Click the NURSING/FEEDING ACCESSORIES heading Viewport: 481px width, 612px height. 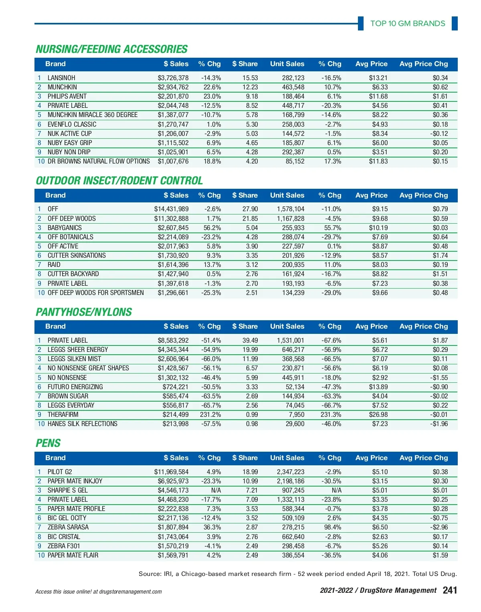click(111, 49)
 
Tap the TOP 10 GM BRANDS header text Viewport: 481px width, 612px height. click(407, 23)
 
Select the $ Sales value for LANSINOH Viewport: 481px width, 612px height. click(173, 78)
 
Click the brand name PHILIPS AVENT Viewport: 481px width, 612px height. click(67, 96)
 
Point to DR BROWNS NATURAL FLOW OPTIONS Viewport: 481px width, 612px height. click(99, 161)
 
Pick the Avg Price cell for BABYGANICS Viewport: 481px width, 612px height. click(378, 228)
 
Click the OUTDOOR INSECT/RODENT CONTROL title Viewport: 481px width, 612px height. click(119, 181)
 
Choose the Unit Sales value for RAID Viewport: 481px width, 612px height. click(293, 265)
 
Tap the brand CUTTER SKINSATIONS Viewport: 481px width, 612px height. click(77, 255)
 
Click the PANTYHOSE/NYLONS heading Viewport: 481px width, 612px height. click(84, 312)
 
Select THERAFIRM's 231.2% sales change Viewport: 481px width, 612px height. click(210, 414)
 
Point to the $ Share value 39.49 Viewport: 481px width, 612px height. click(250, 340)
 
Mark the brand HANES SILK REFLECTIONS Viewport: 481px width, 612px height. click(82, 424)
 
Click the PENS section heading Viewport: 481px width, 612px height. click(48, 443)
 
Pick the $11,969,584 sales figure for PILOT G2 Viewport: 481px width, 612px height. click(171, 472)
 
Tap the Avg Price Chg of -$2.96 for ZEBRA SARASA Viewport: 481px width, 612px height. click(439, 527)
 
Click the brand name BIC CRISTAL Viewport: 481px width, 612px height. click(64, 537)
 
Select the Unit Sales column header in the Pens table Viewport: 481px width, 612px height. click(287, 458)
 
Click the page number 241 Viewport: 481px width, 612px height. click(450, 590)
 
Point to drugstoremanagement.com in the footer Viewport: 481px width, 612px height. click(130, 592)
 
